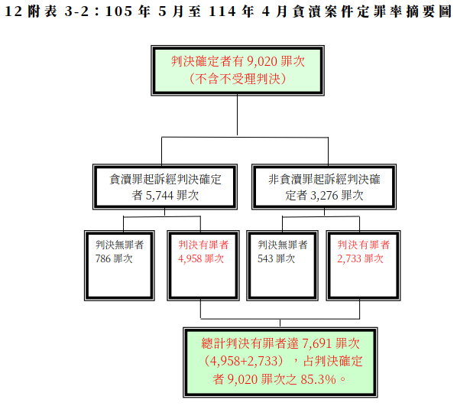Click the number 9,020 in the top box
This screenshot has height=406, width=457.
coord(261,61)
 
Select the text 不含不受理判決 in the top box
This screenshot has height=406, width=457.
coord(238,79)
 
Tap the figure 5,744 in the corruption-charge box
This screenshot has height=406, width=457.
coord(160,196)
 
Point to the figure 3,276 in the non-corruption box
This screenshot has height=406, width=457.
coord(324,196)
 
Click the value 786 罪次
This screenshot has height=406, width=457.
coord(114,258)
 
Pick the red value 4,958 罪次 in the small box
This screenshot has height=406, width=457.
coord(201,258)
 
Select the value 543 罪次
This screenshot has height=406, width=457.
coord(277,258)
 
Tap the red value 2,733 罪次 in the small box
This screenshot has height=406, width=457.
coord(360,258)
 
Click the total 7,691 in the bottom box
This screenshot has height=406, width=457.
coord(317,343)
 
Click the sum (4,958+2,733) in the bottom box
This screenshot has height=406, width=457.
coord(244,361)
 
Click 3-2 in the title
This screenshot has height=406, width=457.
coord(76,11)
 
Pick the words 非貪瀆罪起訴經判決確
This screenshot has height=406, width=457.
coord(324,180)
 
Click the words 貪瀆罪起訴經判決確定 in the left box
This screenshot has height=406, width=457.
coord(165,180)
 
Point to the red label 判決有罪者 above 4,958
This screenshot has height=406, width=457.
coord(203,245)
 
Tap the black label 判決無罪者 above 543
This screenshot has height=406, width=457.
coord(283,245)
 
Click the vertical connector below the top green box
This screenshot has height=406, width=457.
coord(237,115)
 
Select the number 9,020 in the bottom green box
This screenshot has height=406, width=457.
coord(242,379)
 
